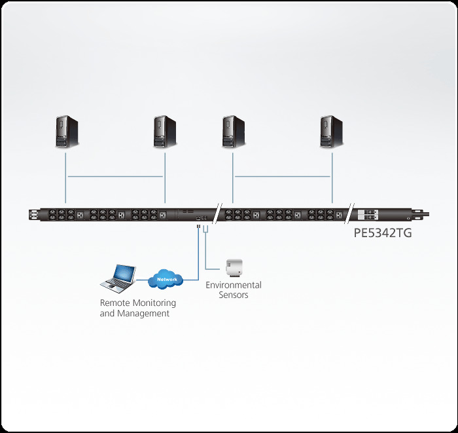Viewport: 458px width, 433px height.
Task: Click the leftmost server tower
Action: click(x=66, y=131)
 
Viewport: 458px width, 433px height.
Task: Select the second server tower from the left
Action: click(x=164, y=131)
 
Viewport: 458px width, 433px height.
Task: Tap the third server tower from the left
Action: click(x=232, y=131)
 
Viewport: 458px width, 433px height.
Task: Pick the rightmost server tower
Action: click(x=331, y=131)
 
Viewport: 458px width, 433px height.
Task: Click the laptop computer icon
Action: click(x=118, y=277)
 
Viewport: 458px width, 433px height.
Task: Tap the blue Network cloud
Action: click(x=167, y=280)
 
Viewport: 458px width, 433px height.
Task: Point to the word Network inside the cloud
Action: click(x=167, y=280)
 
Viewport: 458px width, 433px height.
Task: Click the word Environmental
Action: click(x=234, y=285)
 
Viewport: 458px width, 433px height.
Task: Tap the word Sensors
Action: click(x=234, y=295)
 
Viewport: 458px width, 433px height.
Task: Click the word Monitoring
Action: click(x=152, y=303)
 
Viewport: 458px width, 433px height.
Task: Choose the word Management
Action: click(x=144, y=313)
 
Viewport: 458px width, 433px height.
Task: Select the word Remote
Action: click(x=113, y=303)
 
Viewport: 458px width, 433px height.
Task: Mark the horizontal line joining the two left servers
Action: click(x=115, y=176)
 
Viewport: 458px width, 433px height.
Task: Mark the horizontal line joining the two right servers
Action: click(x=282, y=176)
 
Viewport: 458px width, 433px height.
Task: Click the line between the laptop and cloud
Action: click(x=142, y=280)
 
